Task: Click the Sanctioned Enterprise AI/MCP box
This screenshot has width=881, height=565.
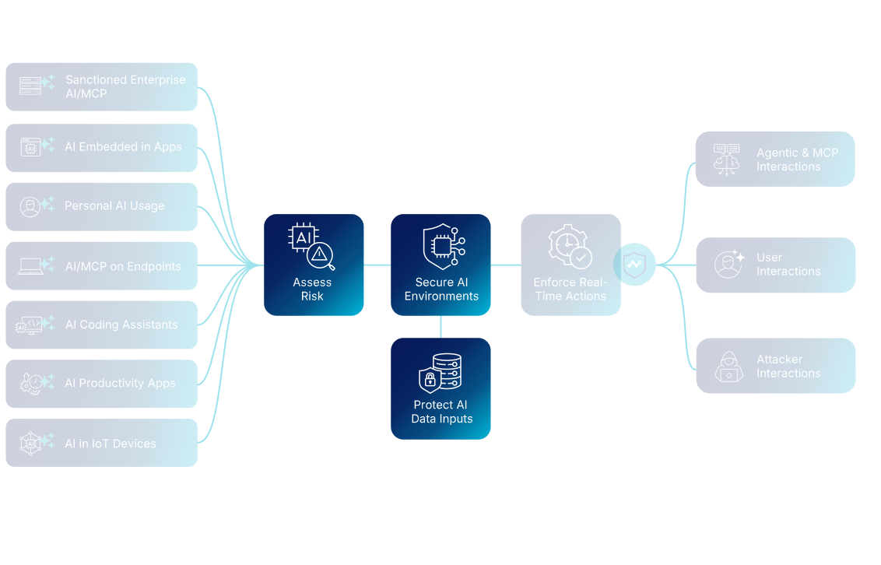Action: (101, 86)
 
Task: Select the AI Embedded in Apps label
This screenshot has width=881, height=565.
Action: (123, 147)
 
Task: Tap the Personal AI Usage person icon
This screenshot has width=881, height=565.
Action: (30, 207)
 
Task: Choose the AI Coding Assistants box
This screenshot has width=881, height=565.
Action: (101, 325)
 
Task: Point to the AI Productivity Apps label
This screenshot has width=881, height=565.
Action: (120, 383)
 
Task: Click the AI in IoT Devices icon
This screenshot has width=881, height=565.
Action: (30, 443)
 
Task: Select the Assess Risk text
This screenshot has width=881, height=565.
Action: (312, 290)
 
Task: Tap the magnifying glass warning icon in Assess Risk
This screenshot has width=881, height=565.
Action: (319, 254)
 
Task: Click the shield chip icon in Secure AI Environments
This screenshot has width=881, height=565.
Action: (441, 247)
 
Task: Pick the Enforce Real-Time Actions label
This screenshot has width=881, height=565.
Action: (570, 290)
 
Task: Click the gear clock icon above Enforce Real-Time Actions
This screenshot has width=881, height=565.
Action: (570, 246)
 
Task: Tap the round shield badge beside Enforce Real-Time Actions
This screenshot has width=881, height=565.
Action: (634, 265)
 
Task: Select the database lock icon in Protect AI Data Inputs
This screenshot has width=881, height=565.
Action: (440, 373)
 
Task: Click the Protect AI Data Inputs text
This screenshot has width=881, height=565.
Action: (441, 412)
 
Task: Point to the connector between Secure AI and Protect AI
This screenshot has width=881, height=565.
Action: (440, 326)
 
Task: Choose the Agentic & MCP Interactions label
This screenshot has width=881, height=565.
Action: (797, 160)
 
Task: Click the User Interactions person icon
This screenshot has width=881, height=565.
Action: (728, 265)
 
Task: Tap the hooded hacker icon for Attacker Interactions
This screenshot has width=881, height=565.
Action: (728, 366)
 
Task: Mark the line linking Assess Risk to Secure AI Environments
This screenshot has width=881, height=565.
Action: (377, 265)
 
